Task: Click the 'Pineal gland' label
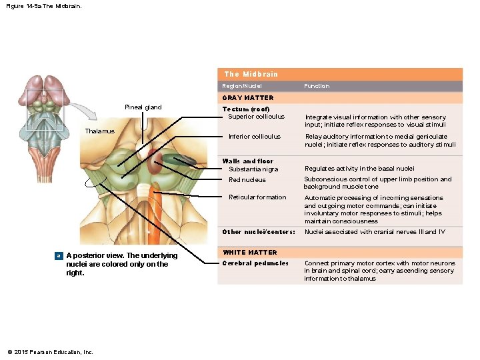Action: [143, 107]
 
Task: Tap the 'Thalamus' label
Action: [99, 131]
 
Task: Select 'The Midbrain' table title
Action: [251, 74]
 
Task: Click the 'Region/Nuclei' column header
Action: [242, 86]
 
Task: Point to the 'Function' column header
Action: [317, 86]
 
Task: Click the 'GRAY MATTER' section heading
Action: [248, 98]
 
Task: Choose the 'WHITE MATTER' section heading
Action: [249, 253]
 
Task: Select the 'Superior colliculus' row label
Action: [256, 117]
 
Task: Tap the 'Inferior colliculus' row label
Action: [255, 137]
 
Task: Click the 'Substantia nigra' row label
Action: [253, 169]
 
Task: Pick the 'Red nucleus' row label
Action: [247, 179]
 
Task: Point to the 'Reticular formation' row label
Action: [257, 197]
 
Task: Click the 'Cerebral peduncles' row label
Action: [255, 263]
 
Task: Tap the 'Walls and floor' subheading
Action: [247, 161]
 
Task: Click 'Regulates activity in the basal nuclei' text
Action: [359, 169]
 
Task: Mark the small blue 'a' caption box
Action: [59, 256]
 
